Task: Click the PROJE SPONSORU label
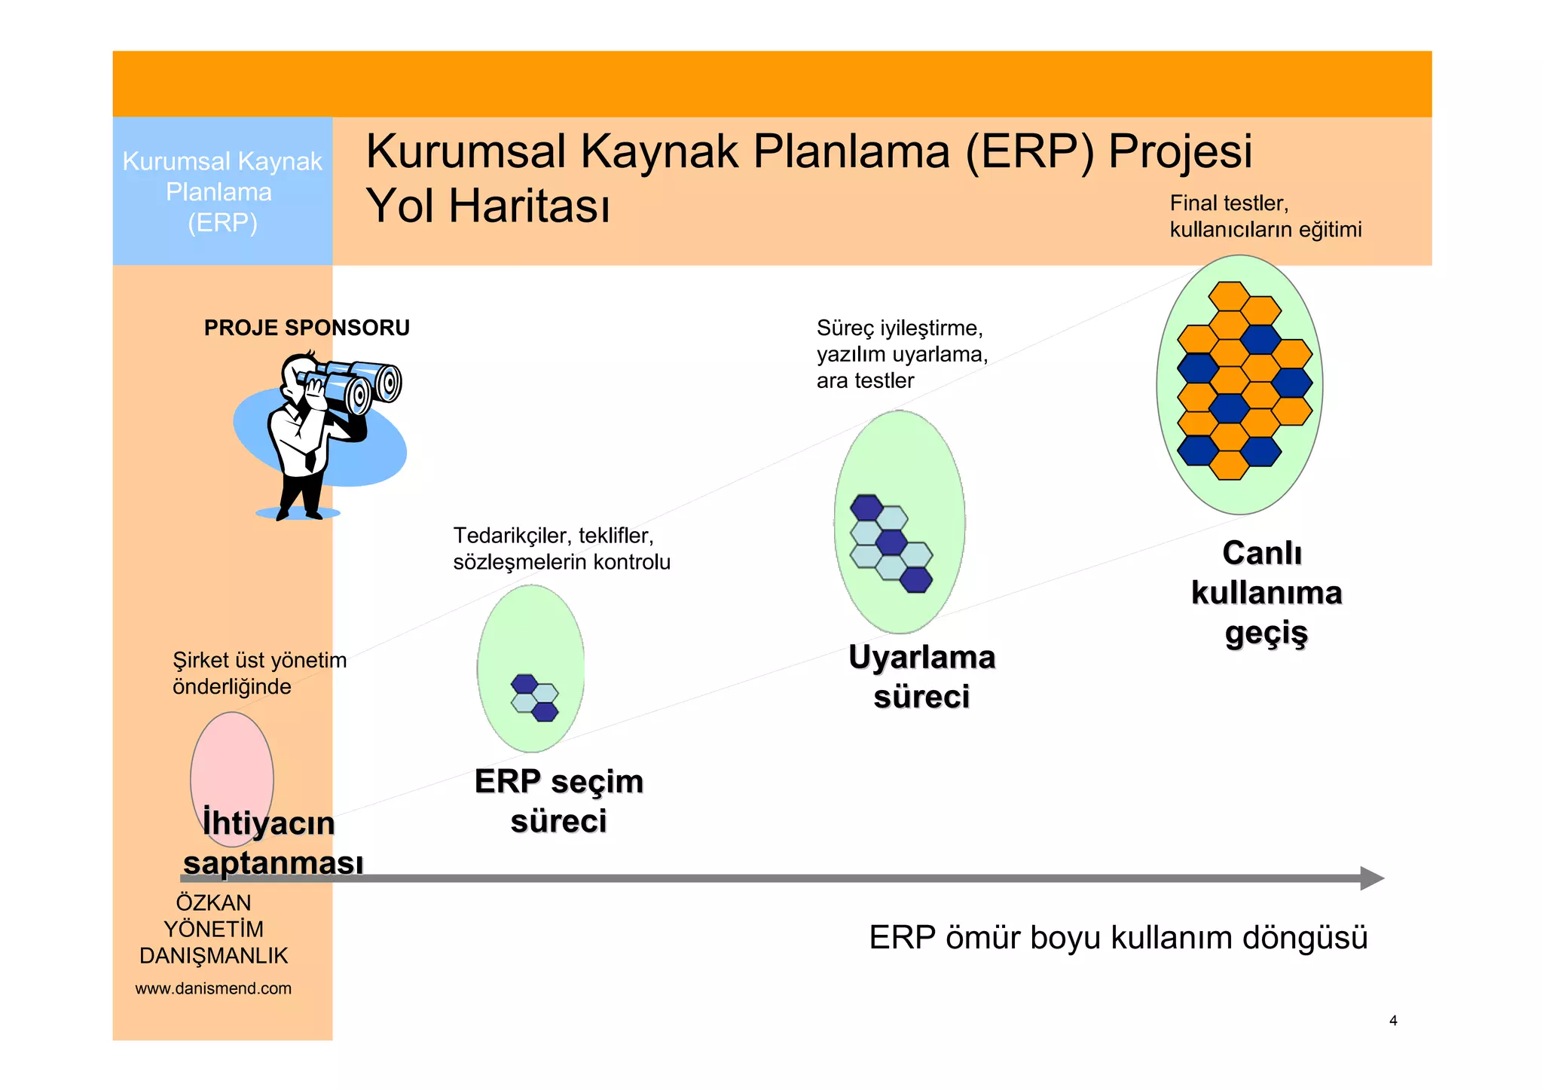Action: pos(307,328)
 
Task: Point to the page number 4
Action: pos(1393,1021)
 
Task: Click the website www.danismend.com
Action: pos(213,988)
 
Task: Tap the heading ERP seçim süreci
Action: pos(558,801)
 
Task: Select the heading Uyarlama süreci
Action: pos(921,676)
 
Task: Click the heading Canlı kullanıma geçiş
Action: pos(1266,593)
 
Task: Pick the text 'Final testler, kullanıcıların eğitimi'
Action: pos(1265,216)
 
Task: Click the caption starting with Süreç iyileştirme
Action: pos(901,354)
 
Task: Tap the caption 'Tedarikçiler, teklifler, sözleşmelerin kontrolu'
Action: pos(561,548)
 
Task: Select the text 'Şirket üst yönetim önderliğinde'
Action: pos(259,673)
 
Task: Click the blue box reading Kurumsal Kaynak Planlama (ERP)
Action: pos(222,191)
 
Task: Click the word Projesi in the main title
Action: pos(1180,151)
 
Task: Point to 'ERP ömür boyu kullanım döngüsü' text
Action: pos(1117,938)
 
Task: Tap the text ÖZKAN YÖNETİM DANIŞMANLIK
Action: pos(213,929)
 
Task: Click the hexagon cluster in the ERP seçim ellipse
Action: pos(535,698)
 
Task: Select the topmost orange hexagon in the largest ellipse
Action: pos(1230,295)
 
